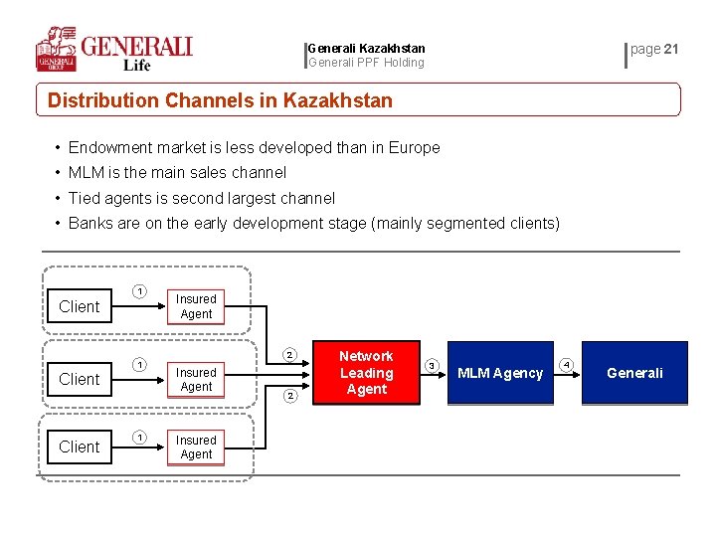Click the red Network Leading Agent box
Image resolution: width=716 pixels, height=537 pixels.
[366, 373]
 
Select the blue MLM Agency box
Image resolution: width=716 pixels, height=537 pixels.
[499, 373]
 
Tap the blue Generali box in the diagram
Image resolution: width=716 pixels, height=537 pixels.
[634, 373]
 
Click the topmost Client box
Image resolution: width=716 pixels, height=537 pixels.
[80, 306]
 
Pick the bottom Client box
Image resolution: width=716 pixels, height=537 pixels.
[80, 447]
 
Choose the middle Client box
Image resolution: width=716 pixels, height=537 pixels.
[80, 379]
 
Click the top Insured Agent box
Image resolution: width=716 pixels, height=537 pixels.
[196, 306]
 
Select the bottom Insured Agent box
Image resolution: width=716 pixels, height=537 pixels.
[196, 447]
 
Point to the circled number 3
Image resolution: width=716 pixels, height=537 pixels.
[432, 365]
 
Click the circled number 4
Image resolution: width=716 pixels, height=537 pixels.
[567, 365]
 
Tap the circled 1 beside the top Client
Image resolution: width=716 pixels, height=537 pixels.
[140, 291]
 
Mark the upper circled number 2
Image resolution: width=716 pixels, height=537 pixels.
[289, 354]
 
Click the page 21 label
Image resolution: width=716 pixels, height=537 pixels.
[654, 49]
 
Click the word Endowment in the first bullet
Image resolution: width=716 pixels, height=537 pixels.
[112, 148]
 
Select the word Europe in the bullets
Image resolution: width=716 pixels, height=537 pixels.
[415, 148]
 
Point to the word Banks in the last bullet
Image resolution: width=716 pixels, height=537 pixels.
[90, 223]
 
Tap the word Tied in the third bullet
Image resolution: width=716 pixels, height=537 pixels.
[85, 198]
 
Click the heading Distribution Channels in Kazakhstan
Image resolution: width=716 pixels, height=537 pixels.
[220, 100]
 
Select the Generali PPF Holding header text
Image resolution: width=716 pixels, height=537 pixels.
[366, 63]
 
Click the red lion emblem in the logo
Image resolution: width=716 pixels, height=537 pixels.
[57, 47]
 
